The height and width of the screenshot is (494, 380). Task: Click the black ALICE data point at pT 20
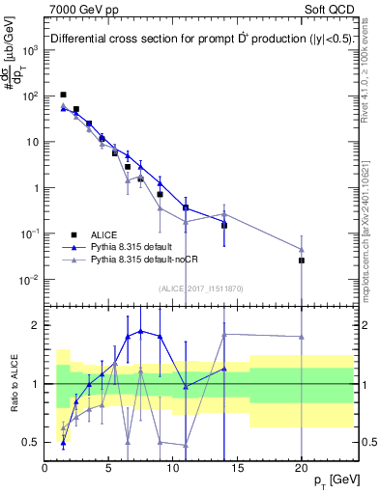coord(302,261)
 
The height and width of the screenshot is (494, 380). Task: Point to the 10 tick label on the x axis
coord(173,468)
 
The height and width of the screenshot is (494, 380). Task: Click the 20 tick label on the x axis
coord(302,468)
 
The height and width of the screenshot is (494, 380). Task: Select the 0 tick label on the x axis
coord(45,468)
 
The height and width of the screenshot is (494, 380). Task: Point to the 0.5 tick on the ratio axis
coord(32,443)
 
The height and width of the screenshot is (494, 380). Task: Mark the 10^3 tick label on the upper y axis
coord(29,50)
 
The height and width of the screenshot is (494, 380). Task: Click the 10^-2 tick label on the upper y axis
coord(29,280)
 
